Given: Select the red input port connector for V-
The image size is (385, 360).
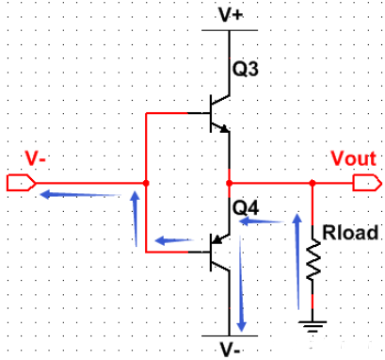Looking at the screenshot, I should [x=20, y=181].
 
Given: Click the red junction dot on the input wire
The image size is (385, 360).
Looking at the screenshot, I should [x=147, y=181].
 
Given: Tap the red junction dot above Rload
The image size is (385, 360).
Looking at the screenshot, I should [x=313, y=181].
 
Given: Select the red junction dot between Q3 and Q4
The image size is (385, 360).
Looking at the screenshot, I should [x=229, y=181].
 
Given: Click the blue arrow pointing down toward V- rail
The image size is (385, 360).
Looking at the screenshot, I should [x=242, y=283].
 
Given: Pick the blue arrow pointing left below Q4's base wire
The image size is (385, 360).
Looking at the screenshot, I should [x=179, y=240].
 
